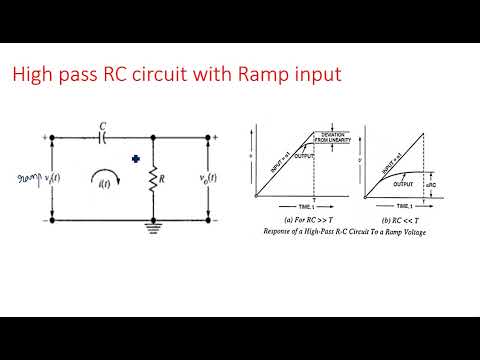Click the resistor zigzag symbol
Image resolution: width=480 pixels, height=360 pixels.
coord(152,181)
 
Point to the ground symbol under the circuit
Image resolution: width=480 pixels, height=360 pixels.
coord(152,226)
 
